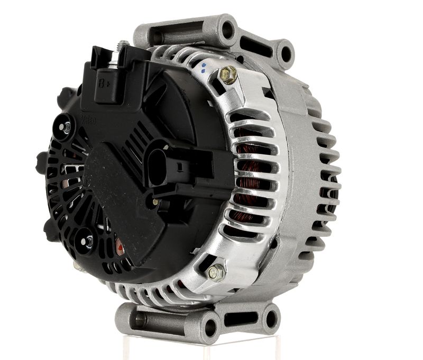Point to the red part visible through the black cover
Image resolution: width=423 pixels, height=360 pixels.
119,246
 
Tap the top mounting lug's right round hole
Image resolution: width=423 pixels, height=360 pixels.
286,53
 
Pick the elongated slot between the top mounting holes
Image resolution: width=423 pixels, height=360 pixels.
254,40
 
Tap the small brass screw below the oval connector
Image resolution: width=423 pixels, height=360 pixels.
155,201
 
